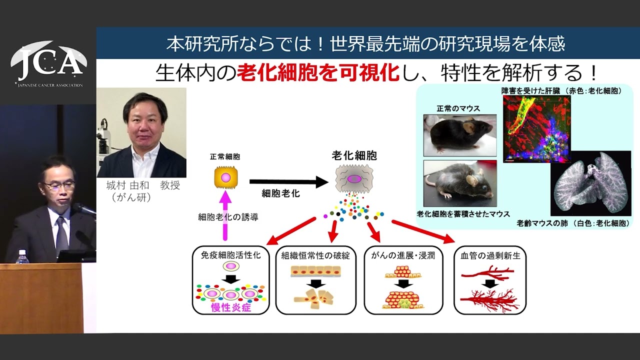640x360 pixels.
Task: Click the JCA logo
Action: [x=48, y=64]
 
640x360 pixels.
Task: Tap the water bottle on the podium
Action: [x=21, y=256]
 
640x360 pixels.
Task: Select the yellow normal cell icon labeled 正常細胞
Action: [x=225, y=177]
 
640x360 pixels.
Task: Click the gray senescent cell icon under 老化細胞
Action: [x=354, y=179]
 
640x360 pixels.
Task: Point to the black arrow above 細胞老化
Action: [x=289, y=182]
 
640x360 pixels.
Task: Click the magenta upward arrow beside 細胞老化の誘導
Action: [x=225, y=215]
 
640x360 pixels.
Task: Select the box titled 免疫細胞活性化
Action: [x=231, y=280]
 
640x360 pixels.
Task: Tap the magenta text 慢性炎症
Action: [x=231, y=307]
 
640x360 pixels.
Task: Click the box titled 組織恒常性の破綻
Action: [x=315, y=280]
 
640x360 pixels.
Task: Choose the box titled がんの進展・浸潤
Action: [x=403, y=280]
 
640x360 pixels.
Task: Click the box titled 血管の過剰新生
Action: [x=490, y=280]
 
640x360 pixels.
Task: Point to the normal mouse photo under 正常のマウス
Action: [x=460, y=135]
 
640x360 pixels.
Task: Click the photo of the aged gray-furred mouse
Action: [x=460, y=183]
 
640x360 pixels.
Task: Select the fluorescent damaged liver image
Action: [x=537, y=129]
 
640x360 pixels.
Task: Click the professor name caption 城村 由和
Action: [x=127, y=185]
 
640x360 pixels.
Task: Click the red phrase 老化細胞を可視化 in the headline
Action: [x=318, y=73]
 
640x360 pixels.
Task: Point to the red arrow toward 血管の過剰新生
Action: [x=423, y=231]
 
